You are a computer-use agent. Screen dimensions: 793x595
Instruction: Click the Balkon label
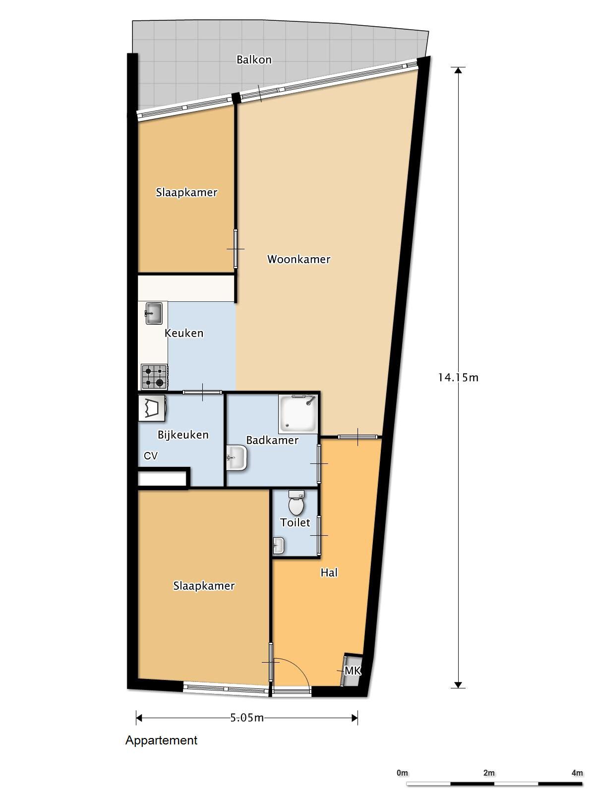254,60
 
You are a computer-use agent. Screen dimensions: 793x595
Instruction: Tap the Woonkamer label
298,259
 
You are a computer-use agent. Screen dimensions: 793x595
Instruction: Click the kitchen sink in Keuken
154,313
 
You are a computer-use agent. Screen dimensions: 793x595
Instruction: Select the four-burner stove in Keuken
154,377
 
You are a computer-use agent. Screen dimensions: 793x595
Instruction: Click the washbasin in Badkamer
238,457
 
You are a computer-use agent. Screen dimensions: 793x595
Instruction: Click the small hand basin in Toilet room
278,546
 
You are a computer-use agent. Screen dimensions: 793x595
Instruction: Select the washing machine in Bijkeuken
151,409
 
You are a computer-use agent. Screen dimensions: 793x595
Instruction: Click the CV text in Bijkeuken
151,456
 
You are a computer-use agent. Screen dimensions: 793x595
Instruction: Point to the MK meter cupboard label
353,671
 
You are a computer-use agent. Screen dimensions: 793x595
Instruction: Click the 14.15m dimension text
458,378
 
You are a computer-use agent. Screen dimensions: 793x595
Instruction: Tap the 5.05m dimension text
247,718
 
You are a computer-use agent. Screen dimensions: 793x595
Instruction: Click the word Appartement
161,740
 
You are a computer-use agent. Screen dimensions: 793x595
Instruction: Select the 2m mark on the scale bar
489,773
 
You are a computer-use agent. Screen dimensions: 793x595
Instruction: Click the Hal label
329,573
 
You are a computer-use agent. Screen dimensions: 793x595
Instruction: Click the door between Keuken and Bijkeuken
202,392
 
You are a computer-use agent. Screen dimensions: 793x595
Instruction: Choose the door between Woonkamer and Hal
357,436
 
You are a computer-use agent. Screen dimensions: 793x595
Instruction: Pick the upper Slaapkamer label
186,192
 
